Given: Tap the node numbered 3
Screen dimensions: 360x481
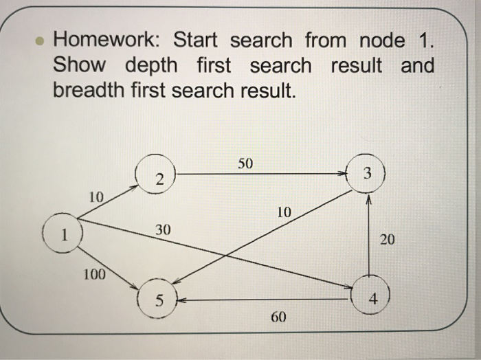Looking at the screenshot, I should click(368, 175).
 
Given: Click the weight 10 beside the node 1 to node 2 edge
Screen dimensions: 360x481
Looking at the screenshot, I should click(96, 197).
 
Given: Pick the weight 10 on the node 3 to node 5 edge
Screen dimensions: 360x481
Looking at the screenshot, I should click(284, 212).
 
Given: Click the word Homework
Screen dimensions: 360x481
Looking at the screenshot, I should click(109, 41).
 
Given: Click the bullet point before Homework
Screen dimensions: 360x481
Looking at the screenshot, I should click(41, 41).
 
